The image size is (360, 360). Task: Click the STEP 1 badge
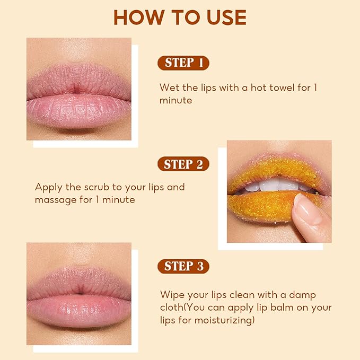[x=183, y=63]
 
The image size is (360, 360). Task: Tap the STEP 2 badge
[x=183, y=164]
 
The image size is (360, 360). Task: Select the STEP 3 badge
[x=183, y=266]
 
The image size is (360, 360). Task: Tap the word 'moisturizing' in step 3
[x=223, y=320]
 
